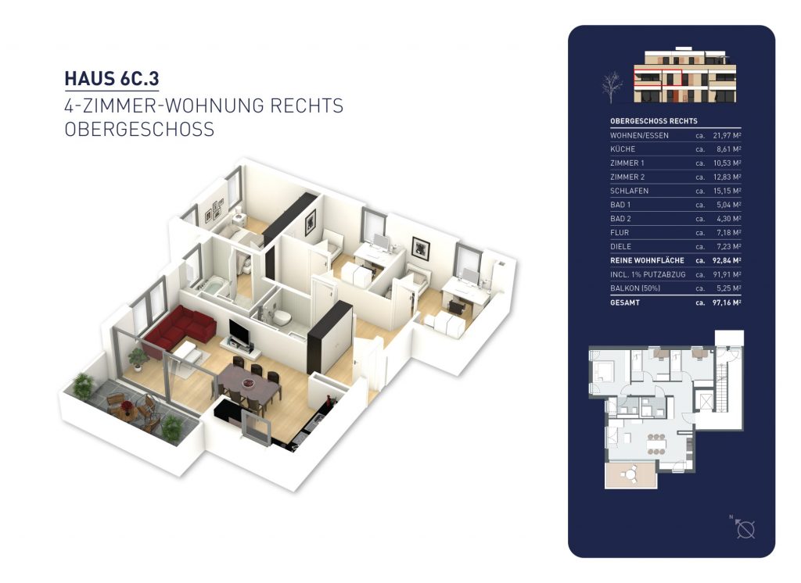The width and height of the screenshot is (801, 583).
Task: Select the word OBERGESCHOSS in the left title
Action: pyautogui.click(x=139, y=129)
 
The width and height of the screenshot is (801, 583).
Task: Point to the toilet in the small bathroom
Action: pyautogui.click(x=279, y=314)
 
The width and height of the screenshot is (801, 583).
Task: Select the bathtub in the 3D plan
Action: pyautogui.click(x=210, y=289)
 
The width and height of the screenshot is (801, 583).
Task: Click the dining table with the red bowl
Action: pyautogui.click(x=248, y=386)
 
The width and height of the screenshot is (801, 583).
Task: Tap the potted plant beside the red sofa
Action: pyautogui.click(x=138, y=358)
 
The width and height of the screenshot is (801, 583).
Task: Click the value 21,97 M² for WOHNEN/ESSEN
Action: pyautogui.click(x=727, y=135)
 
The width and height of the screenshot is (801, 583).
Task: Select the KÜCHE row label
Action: pyautogui.click(x=623, y=149)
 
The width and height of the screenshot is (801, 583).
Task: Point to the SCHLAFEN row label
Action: pyautogui.click(x=629, y=191)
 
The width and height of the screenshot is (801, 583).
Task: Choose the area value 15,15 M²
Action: pyautogui.click(x=727, y=191)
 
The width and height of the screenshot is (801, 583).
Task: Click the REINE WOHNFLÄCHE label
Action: pyautogui.click(x=647, y=260)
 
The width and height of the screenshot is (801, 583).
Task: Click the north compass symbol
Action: pyautogui.click(x=745, y=529)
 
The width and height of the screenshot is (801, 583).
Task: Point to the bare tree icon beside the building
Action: pyautogui.click(x=611, y=84)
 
